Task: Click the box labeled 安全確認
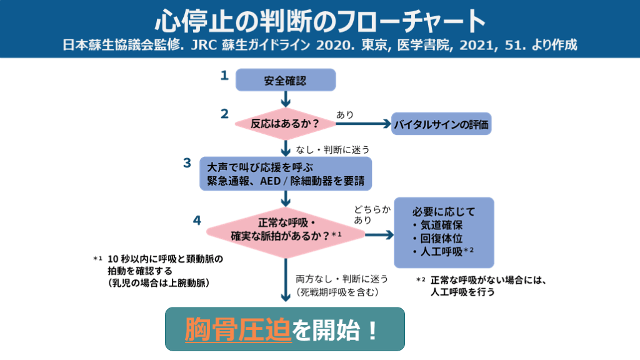click(x=285, y=81)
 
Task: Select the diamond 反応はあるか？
click(x=285, y=124)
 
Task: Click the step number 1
click(x=224, y=76)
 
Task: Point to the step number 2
click(x=224, y=114)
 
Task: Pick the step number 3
click(x=187, y=162)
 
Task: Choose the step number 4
click(x=197, y=220)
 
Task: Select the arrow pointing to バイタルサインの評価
click(x=362, y=124)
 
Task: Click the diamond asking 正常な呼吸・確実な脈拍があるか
click(x=286, y=230)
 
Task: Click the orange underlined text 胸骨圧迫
click(x=238, y=329)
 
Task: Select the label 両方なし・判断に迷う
click(x=342, y=279)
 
